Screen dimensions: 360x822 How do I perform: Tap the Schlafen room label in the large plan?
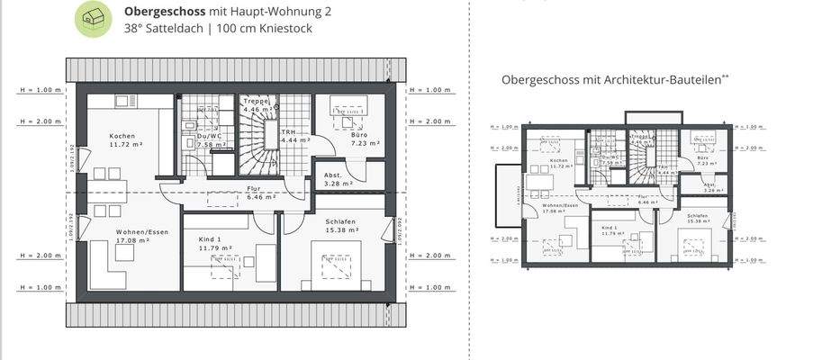(x=340, y=221)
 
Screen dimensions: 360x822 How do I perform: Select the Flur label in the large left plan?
(x=254, y=188)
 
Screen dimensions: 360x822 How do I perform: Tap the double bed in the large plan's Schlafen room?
(x=339, y=267)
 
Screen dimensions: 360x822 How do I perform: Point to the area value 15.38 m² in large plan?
(x=341, y=230)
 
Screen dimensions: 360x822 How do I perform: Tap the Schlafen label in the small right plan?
(x=697, y=216)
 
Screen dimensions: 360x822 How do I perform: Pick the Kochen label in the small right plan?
(x=558, y=160)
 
